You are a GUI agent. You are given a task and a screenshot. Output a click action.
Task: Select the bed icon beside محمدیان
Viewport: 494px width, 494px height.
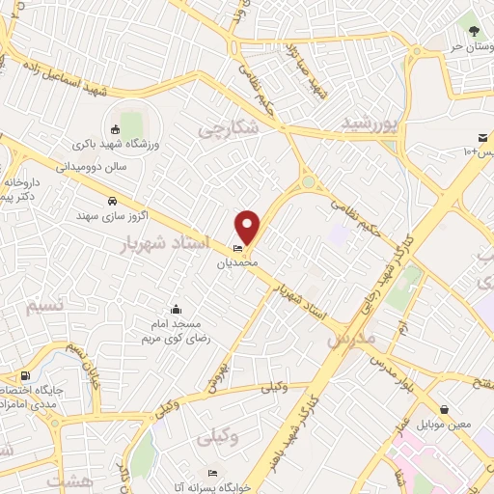pyautogui.click(x=238, y=248)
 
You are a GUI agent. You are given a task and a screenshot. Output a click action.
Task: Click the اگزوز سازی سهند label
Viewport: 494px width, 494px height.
pyautogui.click(x=114, y=216)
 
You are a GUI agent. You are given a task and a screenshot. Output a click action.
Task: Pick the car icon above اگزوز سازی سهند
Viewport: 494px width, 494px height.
pyautogui.click(x=114, y=201)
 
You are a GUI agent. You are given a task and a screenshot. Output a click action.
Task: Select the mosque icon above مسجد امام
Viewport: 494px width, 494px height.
pyautogui.click(x=176, y=310)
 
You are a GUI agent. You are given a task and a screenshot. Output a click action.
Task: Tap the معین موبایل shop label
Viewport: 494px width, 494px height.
pyautogui.click(x=443, y=425)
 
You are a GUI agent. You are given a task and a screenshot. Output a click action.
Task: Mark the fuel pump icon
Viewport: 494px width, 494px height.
pyautogui.click(x=24, y=376)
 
